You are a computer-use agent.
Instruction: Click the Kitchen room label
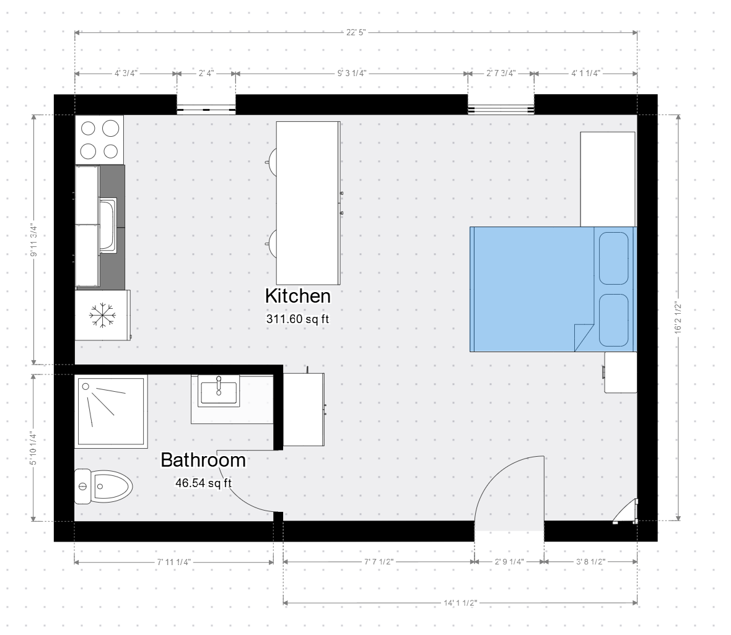pos(298,296)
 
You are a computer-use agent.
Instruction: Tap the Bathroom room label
pos(203,460)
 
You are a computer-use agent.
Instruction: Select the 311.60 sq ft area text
pos(298,319)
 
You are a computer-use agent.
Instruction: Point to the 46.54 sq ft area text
pos(203,483)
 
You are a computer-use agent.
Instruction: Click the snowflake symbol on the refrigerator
pos(102,315)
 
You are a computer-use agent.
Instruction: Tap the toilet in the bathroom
pos(103,487)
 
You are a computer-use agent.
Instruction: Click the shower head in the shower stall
pos(85,386)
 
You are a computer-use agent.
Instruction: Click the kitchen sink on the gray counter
pos(108,225)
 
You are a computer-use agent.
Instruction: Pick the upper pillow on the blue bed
pos(613,259)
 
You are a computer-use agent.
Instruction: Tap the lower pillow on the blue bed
pos(613,320)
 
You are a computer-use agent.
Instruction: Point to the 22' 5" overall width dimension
pos(356,33)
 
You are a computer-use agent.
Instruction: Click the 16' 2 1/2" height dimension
pos(678,317)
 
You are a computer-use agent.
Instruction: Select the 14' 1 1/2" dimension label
pos(460,603)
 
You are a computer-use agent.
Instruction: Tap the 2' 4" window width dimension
pos(206,74)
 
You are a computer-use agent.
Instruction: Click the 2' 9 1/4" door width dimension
pos(509,562)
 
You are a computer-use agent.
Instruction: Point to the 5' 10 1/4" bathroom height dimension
pos(33,448)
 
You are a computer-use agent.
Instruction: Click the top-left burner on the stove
pos(88,128)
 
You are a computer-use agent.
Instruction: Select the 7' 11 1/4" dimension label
pos(174,563)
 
